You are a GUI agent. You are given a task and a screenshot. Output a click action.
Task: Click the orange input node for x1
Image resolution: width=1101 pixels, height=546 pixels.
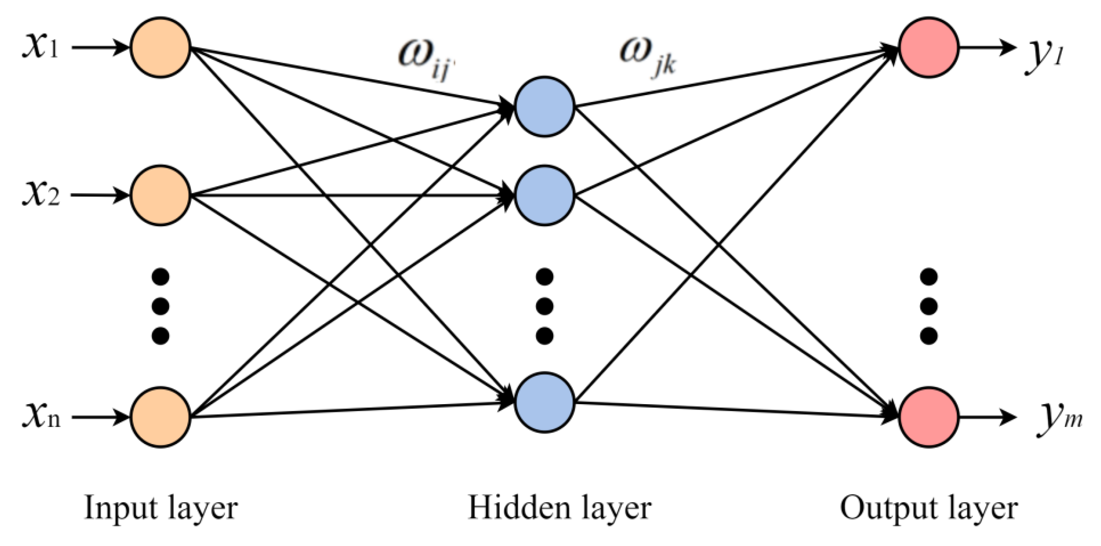[160, 47]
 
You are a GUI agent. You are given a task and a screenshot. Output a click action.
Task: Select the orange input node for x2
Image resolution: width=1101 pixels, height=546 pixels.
[160, 195]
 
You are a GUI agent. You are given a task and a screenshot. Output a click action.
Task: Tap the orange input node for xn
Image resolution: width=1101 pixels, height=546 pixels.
[160, 417]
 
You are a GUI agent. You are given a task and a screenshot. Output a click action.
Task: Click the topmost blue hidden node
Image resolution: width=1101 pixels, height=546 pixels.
[544, 107]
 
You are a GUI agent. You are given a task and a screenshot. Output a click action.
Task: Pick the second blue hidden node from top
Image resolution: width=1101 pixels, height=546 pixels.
[544, 195]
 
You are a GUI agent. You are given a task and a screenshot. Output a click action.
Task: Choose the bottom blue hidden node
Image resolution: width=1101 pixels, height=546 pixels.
[544, 402]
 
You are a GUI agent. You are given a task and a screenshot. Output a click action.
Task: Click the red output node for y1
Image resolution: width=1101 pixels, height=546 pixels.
[929, 47]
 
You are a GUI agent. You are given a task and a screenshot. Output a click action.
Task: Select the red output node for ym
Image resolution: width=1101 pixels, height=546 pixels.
[929, 417]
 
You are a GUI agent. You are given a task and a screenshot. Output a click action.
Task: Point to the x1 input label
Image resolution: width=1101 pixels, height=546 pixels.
[41, 47]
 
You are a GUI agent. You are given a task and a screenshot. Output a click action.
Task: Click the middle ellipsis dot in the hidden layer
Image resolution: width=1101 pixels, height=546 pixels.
[544, 306]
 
